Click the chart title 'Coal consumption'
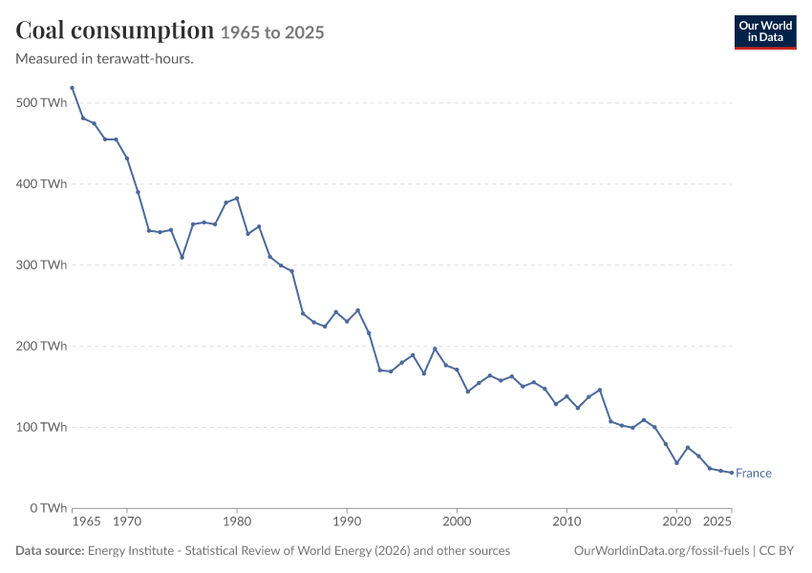115,31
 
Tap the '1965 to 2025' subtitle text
272,32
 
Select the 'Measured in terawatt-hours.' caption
105,58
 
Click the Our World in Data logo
765,32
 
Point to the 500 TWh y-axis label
41,102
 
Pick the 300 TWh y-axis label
41,265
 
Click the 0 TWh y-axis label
49,508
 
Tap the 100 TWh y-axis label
41,427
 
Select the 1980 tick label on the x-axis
237,521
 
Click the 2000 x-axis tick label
457,521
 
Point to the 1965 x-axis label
86,521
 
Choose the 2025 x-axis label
717,521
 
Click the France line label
754,473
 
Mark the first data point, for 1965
72,88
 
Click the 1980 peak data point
237,199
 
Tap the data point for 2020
677,463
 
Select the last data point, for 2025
732,473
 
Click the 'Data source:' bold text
50,551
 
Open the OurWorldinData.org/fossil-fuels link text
661,551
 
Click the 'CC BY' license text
777,551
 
